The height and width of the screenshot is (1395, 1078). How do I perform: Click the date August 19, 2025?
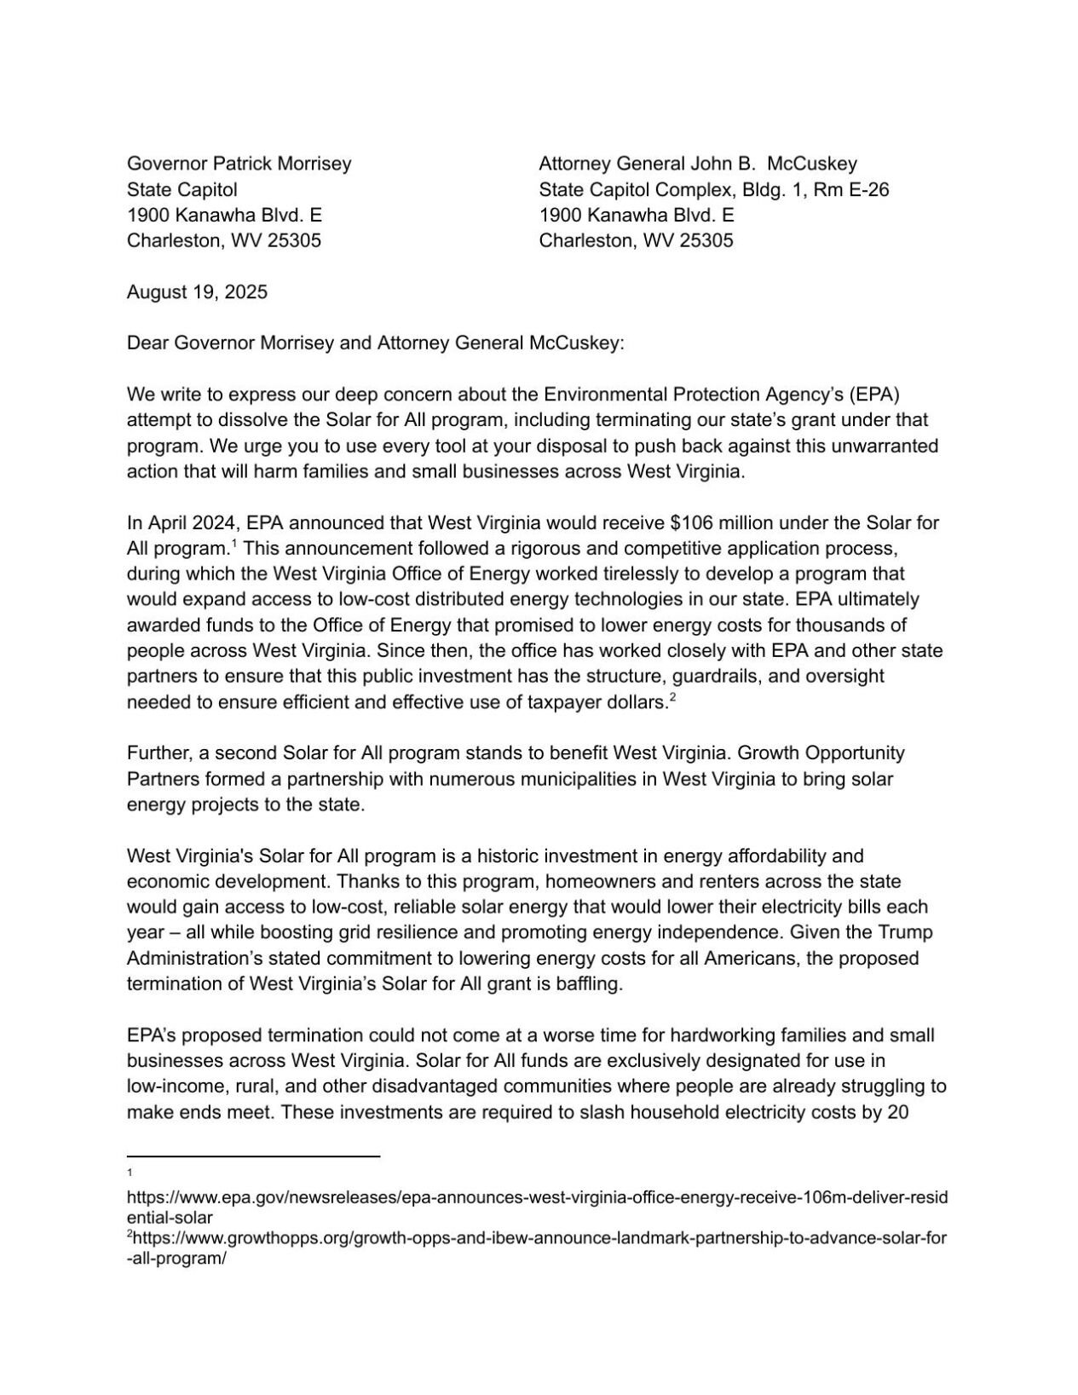(197, 292)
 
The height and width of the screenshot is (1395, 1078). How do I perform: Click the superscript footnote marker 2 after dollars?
(672, 698)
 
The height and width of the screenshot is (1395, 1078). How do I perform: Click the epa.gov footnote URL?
(537, 1198)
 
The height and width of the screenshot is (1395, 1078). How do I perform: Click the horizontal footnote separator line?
(253, 1156)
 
